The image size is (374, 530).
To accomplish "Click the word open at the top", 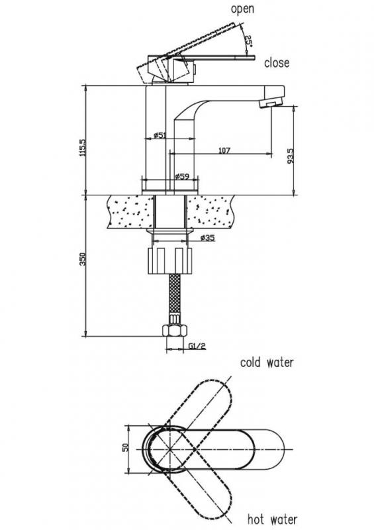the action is pyautogui.click(x=242, y=9).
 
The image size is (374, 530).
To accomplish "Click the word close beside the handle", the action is pyautogui.click(x=276, y=62).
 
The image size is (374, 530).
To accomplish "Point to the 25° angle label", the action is pyautogui.click(x=248, y=41).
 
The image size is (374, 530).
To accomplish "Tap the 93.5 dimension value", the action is pyautogui.click(x=290, y=156).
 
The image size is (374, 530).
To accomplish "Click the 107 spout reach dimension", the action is pyautogui.click(x=224, y=150).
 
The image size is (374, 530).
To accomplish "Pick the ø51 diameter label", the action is pyautogui.click(x=160, y=135).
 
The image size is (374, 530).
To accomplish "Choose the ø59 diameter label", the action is pyautogui.click(x=182, y=176).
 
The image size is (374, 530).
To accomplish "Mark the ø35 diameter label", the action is pyautogui.click(x=207, y=238).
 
